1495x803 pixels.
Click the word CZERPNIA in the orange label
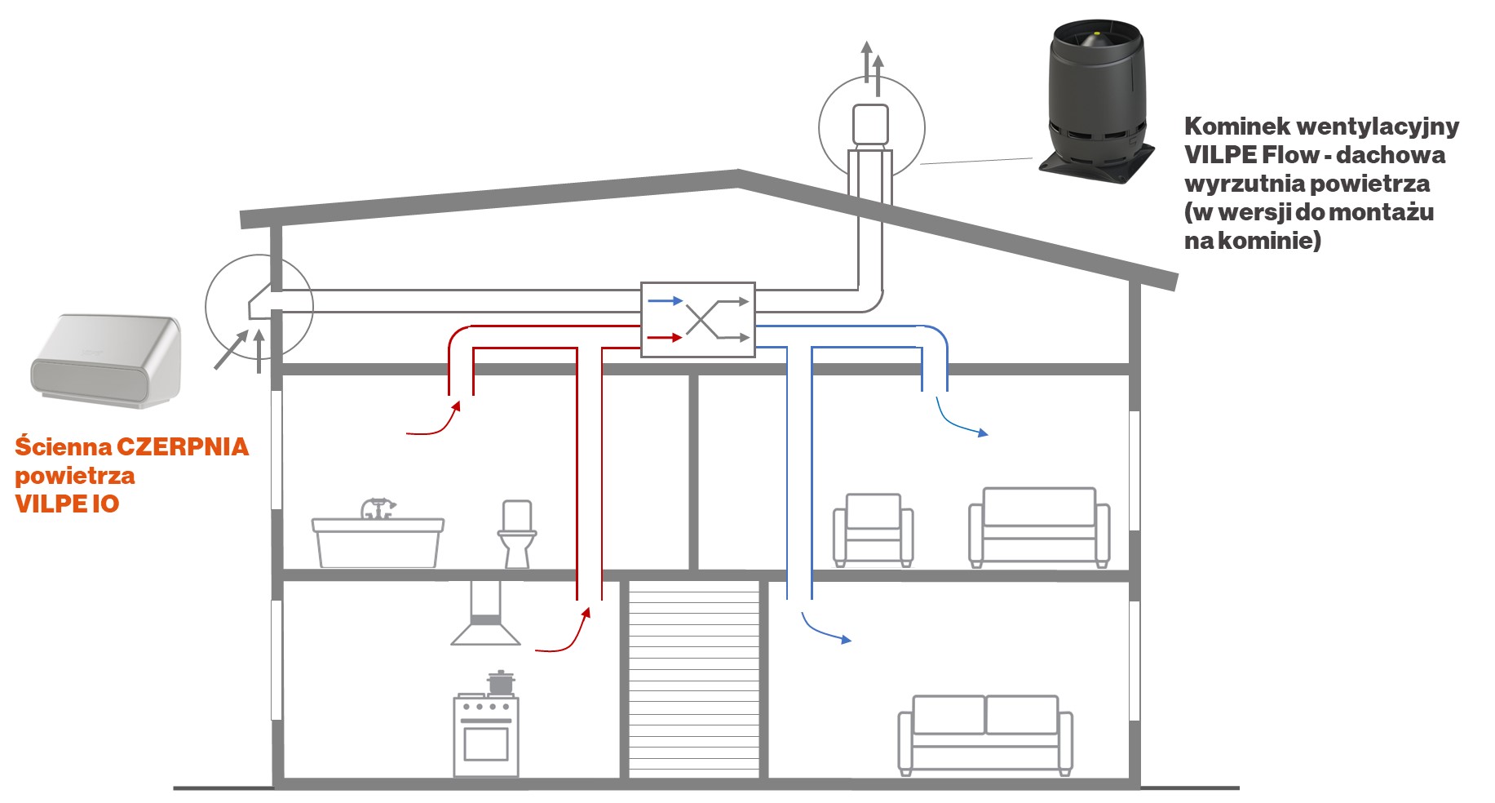(183, 447)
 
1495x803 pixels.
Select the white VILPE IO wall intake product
(106, 360)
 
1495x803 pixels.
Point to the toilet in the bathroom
(517, 535)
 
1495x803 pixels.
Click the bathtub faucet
(377, 508)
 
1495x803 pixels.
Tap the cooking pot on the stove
(500, 681)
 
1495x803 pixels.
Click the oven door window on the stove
(486, 743)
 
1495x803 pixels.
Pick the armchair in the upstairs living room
(873, 530)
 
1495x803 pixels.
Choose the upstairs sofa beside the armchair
(1039, 527)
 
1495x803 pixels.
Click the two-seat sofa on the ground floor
(985, 734)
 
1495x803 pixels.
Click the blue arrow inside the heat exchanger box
(665, 301)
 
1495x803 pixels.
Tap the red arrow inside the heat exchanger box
(665, 337)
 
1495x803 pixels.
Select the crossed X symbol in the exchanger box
(702, 319)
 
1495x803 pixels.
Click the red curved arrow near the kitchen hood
(564, 632)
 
